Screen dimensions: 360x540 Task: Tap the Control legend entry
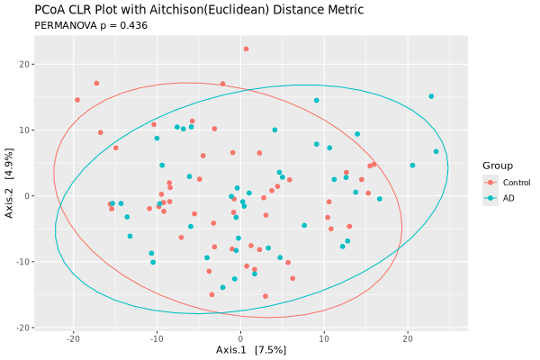tap(516, 183)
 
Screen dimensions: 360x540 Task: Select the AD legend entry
tap(508, 198)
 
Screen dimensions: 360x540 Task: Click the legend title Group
tap(498, 166)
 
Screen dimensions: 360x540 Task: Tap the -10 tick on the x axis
tap(157, 338)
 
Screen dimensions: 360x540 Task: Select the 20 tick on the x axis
tap(408, 338)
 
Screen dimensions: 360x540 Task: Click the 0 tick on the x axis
tap(240, 338)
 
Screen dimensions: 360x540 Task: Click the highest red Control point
tap(246, 49)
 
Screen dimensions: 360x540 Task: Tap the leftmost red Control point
tap(77, 100)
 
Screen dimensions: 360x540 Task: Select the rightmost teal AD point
tap(436, 151)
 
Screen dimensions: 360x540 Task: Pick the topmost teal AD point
tap(431, 96)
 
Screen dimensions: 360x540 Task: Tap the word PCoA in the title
tap(49, 10)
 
